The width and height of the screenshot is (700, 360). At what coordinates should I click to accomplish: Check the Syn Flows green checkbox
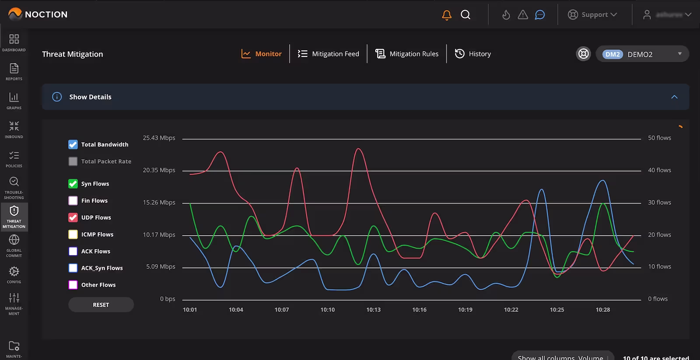click(73, 184)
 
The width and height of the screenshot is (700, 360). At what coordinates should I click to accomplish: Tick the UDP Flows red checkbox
click(73, 217)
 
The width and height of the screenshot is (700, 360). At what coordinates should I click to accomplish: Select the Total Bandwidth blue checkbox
click(73, 144)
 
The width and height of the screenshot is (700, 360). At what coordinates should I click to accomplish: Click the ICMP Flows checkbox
click(73, 234)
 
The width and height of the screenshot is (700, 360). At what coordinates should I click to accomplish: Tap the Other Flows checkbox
click(73, 285)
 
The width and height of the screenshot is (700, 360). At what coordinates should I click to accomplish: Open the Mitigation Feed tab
click(328, 54)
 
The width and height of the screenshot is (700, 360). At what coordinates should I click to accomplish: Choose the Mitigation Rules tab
click(407, 54)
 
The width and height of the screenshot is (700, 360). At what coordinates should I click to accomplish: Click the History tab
click(473, 54)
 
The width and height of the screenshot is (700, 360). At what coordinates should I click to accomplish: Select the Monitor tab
click(262, 54)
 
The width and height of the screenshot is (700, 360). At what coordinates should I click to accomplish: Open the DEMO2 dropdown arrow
click(679, 54)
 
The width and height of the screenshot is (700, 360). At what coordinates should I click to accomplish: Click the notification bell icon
click(447, 15)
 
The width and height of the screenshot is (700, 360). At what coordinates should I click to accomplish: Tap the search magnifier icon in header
click(465, 15)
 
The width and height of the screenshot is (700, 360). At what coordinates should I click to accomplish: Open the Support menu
click(592, 15)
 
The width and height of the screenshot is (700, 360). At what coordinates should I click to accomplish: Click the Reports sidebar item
click(14, 72)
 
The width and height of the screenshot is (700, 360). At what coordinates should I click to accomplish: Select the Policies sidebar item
click(14, 159)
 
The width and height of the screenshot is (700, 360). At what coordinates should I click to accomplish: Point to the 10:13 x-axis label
click(373, 310)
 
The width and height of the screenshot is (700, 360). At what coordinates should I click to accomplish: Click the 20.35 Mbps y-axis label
click(159, 170)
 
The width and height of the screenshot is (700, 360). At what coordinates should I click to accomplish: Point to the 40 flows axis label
click(659, 170)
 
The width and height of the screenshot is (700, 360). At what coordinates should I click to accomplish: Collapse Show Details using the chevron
click(674, 97)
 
